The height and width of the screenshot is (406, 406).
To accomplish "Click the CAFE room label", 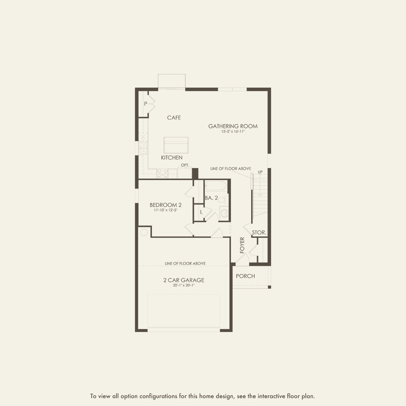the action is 174,118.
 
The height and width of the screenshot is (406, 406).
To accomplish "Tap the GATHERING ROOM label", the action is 233,126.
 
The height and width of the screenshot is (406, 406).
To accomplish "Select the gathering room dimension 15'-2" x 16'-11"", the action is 233,132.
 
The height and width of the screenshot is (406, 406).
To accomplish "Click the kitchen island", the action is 176,145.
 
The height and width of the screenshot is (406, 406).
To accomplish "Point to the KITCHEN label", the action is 172,157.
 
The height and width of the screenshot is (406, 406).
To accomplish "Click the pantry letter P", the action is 146,104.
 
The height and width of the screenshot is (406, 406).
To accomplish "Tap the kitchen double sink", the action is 143,148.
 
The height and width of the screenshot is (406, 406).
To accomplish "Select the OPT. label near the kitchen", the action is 185,165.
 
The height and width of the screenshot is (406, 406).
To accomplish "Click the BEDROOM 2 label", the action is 166,205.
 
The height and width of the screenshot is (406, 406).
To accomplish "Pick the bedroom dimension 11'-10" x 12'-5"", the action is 166,210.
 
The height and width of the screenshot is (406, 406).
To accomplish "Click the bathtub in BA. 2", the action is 215,186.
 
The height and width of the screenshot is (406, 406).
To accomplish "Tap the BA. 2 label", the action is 211,198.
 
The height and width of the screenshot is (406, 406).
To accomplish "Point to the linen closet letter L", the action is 201,212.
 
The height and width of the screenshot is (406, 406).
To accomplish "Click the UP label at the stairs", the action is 260,172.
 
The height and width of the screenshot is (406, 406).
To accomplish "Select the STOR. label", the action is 259,232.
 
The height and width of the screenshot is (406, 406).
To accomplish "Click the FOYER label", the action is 242,245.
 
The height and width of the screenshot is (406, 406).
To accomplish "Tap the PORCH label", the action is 246,276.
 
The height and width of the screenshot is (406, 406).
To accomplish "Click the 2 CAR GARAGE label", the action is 184,280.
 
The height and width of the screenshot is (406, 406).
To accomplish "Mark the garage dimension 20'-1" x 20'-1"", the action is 184,286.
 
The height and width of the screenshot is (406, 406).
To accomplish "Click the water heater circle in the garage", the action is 144,232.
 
